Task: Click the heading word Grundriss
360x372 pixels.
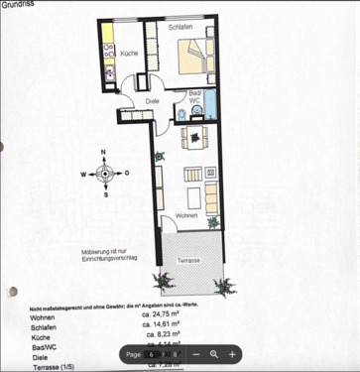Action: click(18, 5)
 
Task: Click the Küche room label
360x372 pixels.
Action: click(130, 52)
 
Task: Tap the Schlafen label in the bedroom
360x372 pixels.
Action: click(180, 27)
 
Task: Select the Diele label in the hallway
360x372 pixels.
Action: click(152, 100)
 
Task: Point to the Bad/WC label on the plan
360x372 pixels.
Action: click(195, 96)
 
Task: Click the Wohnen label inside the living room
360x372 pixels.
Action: click(186, 215)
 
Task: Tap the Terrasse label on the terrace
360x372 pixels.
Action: click(188, 260)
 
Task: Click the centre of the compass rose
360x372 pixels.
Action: click(105, 173)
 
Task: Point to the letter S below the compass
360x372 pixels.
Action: click(105, 194)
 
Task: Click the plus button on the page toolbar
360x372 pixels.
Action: click(232, 354)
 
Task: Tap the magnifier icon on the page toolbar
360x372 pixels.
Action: click(213, 354)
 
